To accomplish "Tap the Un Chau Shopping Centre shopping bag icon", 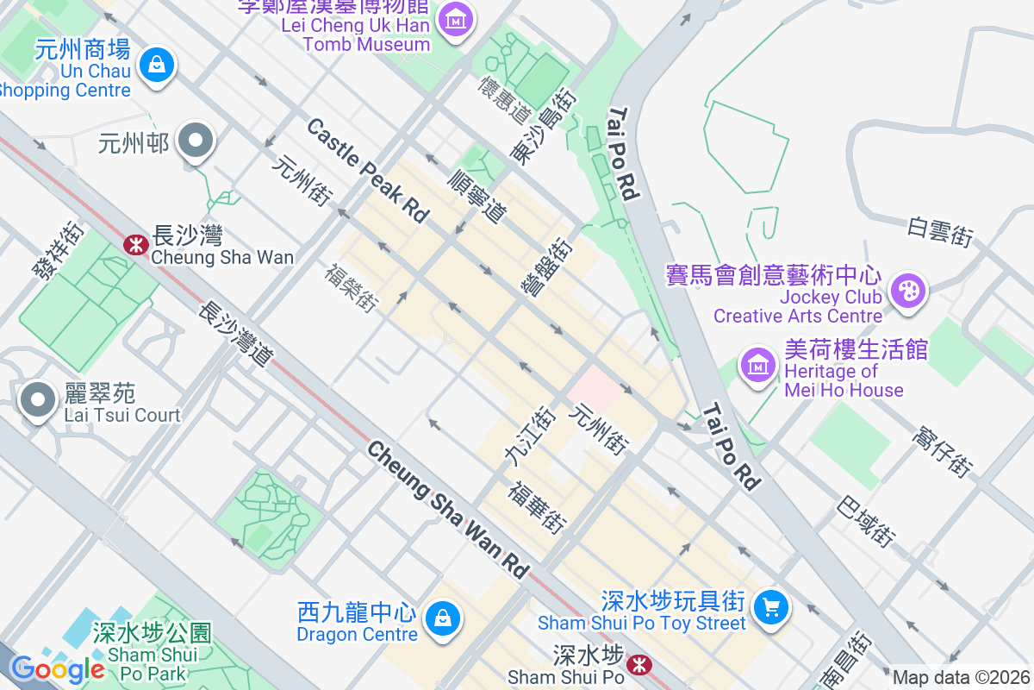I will pos(157,66).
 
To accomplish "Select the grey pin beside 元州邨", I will pos(196,141).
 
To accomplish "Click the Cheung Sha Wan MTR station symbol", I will pos(134,245).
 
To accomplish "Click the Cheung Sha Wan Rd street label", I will pos(448,509).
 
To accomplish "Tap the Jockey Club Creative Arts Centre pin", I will pos(907,291).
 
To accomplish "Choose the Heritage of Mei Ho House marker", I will pos(758,366).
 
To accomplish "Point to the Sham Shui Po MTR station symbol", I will pos(638,664).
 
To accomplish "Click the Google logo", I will pos(57,668).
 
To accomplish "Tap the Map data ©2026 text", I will pos(961,678).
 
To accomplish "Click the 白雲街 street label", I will pos(940,232).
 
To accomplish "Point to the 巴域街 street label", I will pos(867,520).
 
